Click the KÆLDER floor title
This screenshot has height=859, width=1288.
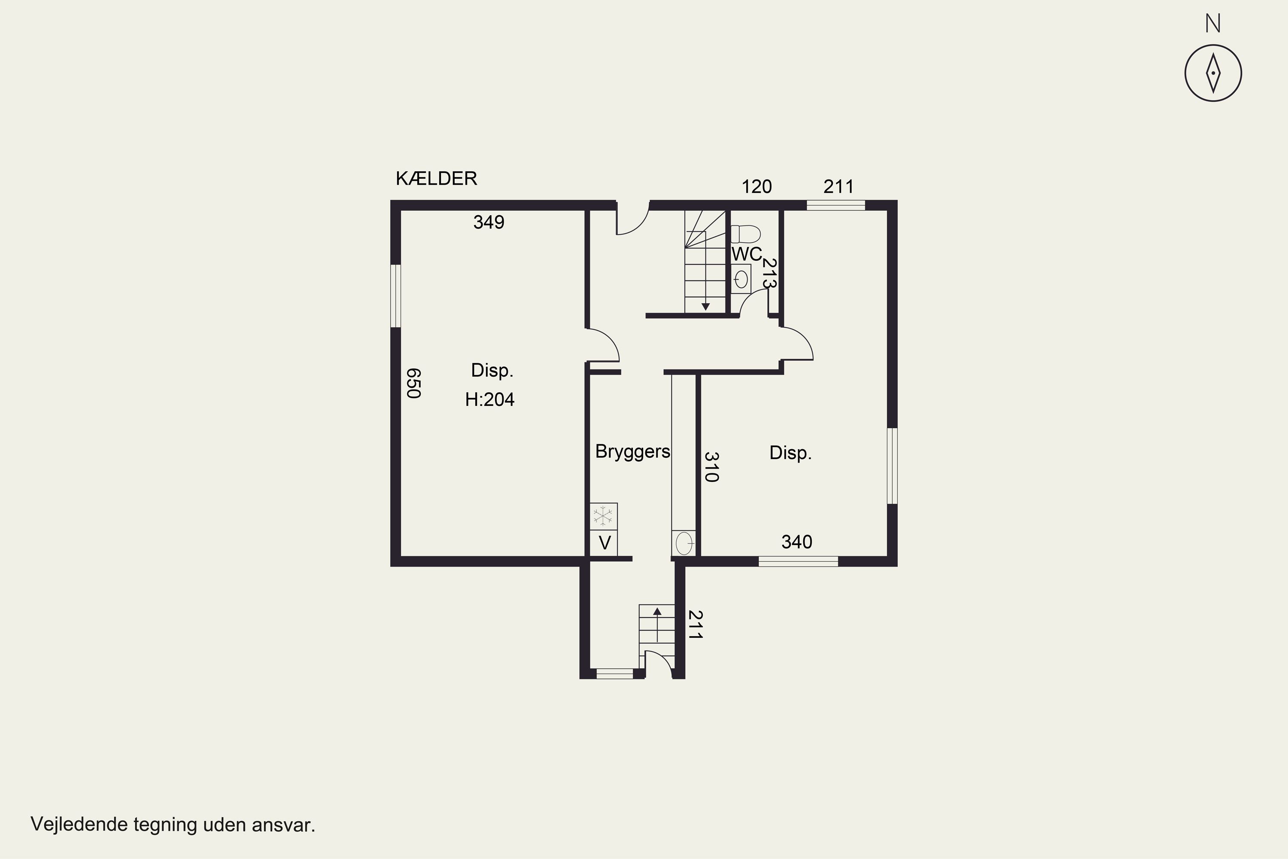tap(437, 179)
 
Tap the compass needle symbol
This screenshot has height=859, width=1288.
tap(1213, 73)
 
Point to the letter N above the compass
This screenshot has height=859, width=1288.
tap(1213, 24)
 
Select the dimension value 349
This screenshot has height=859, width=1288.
tap(489, 222)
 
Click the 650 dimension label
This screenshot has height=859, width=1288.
tap(413, 383)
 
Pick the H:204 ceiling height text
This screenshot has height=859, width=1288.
tap(489, 399)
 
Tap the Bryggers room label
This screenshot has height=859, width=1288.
tap(632, 451)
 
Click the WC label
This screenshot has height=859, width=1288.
tap(747, 254)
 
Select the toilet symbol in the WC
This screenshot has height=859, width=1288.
tap(745, 234)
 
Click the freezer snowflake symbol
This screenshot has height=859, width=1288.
tap(603, 516)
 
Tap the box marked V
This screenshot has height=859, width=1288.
tap(604, 543)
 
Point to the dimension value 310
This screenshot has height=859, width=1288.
tap(711, 467)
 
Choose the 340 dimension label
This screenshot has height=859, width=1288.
tap(796, 542)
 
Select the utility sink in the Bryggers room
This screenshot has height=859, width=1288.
tap(684, 543)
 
